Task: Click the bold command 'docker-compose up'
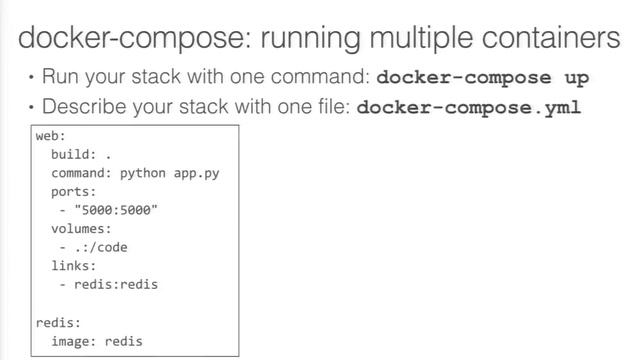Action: (482, 78)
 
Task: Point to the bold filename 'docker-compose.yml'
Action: (468, 107)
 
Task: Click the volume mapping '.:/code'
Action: (101, 247)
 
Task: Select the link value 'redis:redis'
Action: (116, 284)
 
